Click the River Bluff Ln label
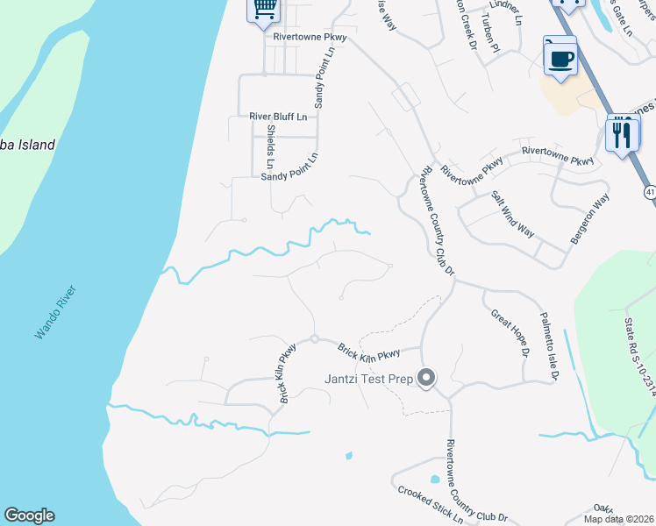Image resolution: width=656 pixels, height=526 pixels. (x=278, y=116)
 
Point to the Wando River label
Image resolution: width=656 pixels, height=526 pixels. (x=56, y=312)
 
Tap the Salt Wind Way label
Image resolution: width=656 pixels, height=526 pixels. (x=512, y=214)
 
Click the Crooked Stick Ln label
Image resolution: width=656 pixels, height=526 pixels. (x=430, y=506)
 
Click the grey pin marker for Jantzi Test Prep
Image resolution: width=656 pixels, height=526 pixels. (x=427, y=379)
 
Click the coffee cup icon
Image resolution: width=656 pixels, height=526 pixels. (x=560, y=59)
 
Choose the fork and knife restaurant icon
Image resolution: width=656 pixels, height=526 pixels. (x=622, y=136)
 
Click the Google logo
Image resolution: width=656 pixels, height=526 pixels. (x=29, y=515)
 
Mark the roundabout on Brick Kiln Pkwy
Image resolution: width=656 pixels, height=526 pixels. (x=313, y=339)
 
